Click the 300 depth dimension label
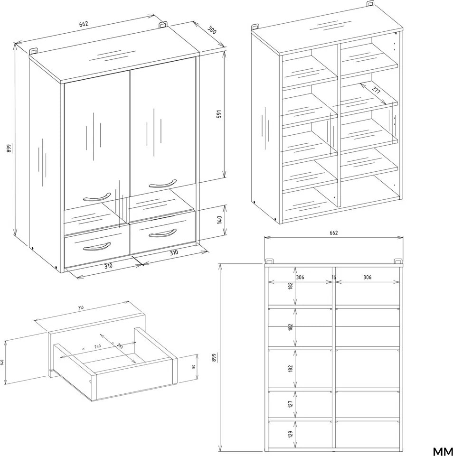tap(212, 30)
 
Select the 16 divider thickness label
tap(334, 277)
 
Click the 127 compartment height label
tap(290, 404)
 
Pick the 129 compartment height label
tap(290, 434)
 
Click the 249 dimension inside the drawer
tap(97, 346)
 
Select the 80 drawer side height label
tap(193, 367)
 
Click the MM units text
tap(443, 451)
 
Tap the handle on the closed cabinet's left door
tap(97, 197)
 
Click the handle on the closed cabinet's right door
tap(163, 184)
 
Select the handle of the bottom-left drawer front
tap(97, 247)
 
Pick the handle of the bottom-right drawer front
tap(163, 233)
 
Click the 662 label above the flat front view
tap(334, 233)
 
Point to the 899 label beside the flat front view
tap(214, 357)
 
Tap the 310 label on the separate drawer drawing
tap(81, 307)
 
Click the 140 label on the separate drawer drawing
tap(2, 363)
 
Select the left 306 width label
tap(300, 277)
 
